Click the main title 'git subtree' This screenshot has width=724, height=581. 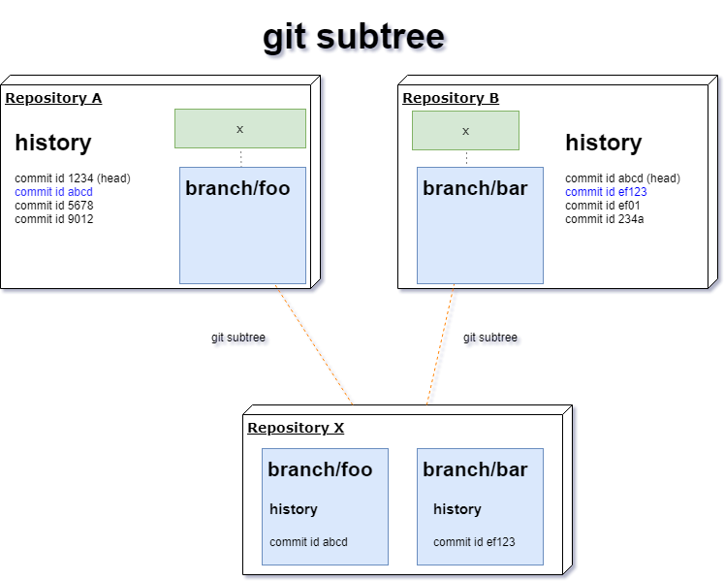click(354, 37)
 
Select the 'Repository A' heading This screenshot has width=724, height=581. click(53, 98)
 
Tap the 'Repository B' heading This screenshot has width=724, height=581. click(451, 98)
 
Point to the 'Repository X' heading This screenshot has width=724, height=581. click(296, 428)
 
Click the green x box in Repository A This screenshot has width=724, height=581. click(240, 128)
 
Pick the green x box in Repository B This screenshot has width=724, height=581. click(465, 130)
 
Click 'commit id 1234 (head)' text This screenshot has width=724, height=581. click(73, 178)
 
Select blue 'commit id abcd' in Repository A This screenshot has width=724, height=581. click(53, 192)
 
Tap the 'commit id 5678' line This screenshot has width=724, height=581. click(54, 206)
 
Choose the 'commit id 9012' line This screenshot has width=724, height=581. click(54, 219)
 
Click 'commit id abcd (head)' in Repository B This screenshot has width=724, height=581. click(622, 178)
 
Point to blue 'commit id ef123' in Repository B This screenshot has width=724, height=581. click(606, 192)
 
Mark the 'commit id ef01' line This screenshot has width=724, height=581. click(603, 206)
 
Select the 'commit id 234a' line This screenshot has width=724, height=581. click(605, 219)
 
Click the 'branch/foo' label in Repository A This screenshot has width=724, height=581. click(237, 188)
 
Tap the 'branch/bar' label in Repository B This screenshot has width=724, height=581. click(475, 188)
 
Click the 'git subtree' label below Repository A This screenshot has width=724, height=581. click(238, 338)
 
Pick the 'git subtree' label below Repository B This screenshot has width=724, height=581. click(490, 338)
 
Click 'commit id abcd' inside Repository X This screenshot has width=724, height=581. click(308, 541)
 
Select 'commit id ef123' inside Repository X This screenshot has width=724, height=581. click(474, 541)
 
